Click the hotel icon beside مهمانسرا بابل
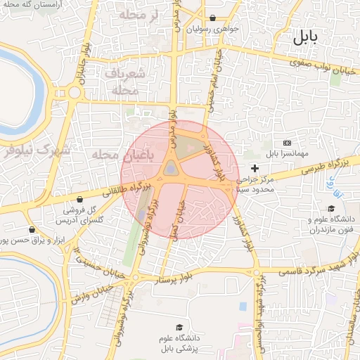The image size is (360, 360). (286, 143)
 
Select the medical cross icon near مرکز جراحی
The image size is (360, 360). (254, 169)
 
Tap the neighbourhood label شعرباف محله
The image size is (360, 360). (127, 82)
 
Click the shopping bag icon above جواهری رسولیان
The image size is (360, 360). (213, 18)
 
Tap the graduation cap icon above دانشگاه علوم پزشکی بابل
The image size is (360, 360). (179, 328)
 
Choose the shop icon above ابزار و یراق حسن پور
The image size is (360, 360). (32, 229)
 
